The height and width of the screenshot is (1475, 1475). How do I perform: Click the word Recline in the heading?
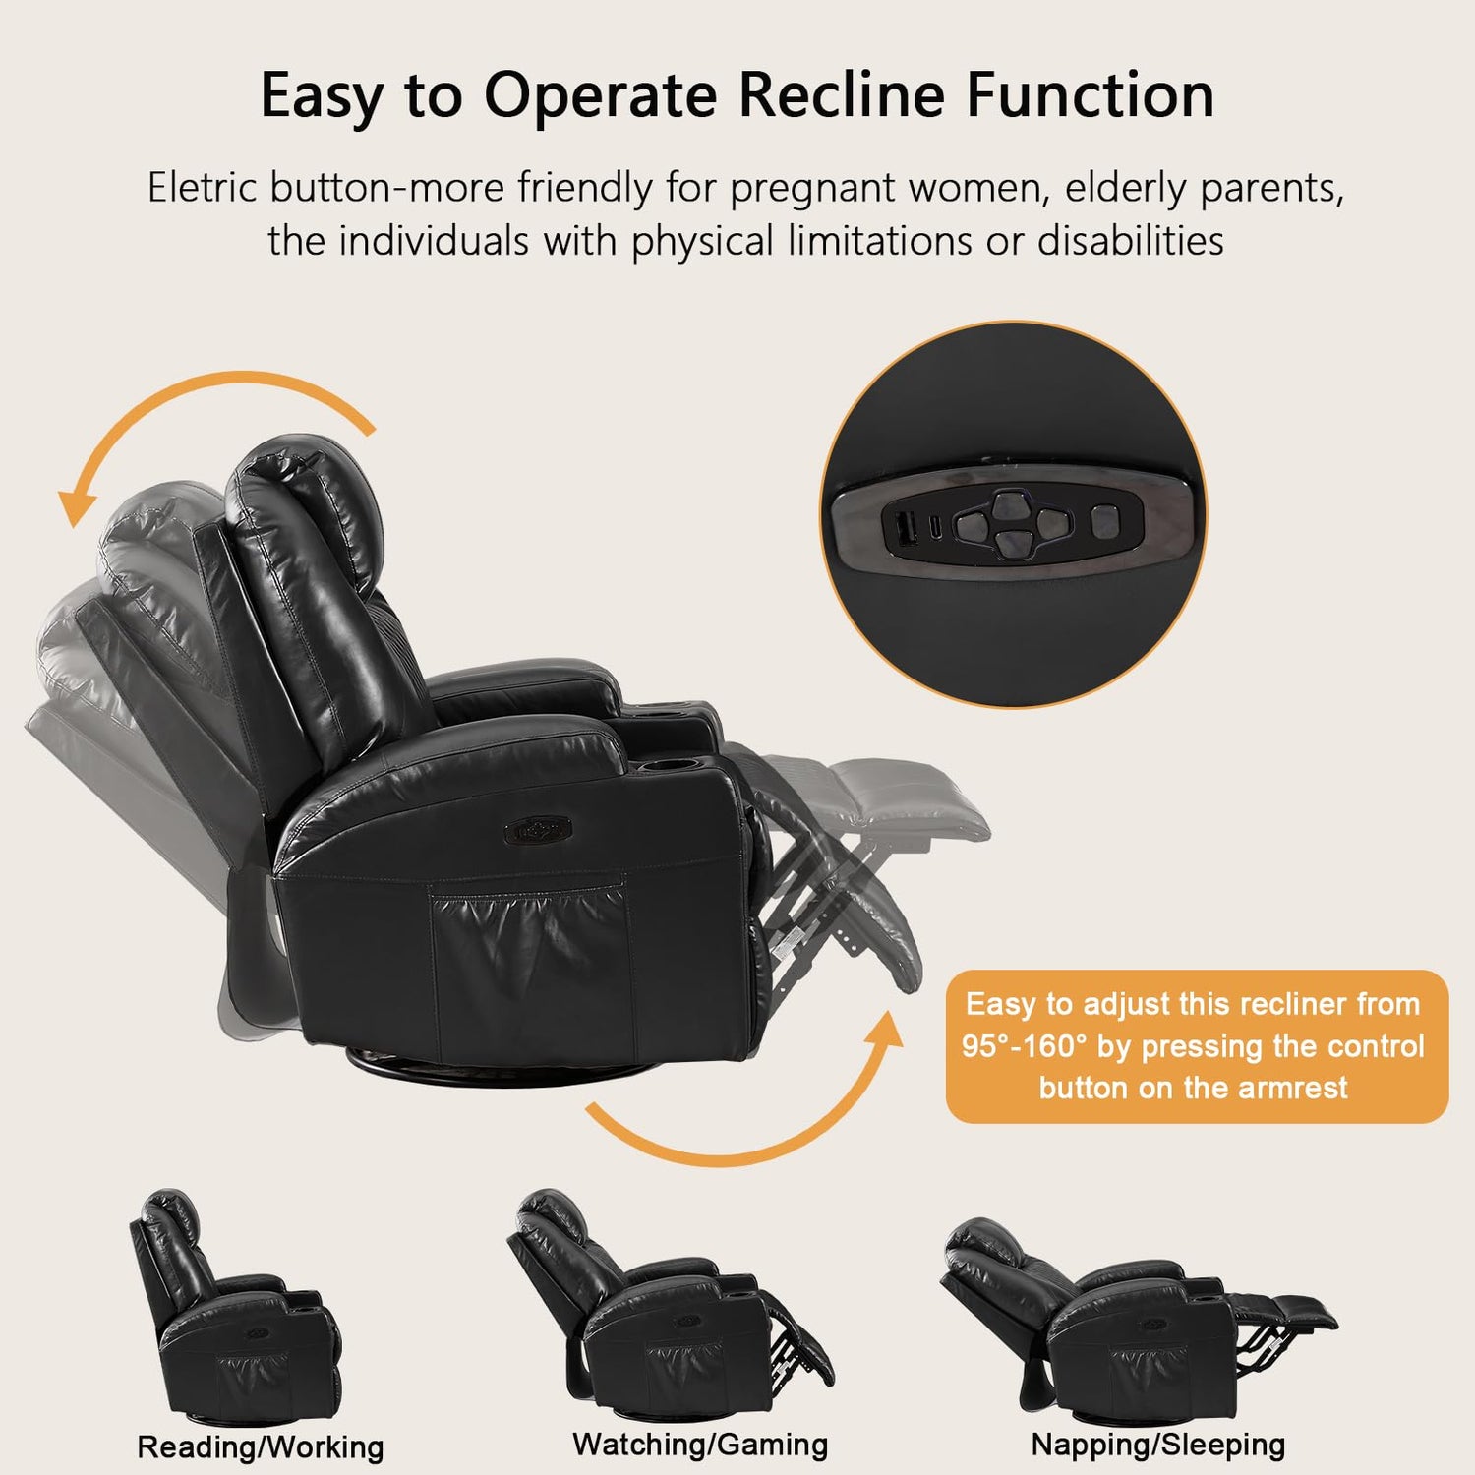[843, 95]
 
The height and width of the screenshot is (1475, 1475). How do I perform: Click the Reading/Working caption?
[261, 1446]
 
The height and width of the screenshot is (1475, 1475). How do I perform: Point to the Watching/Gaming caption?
[700, 1445]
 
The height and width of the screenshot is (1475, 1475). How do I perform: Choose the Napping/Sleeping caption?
[1158, 1445]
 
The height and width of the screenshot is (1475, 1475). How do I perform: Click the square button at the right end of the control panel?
[1105, 522]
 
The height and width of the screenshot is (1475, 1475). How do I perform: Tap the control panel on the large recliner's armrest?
[538, 831]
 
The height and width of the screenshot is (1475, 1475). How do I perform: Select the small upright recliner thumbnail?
[236, 1308]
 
